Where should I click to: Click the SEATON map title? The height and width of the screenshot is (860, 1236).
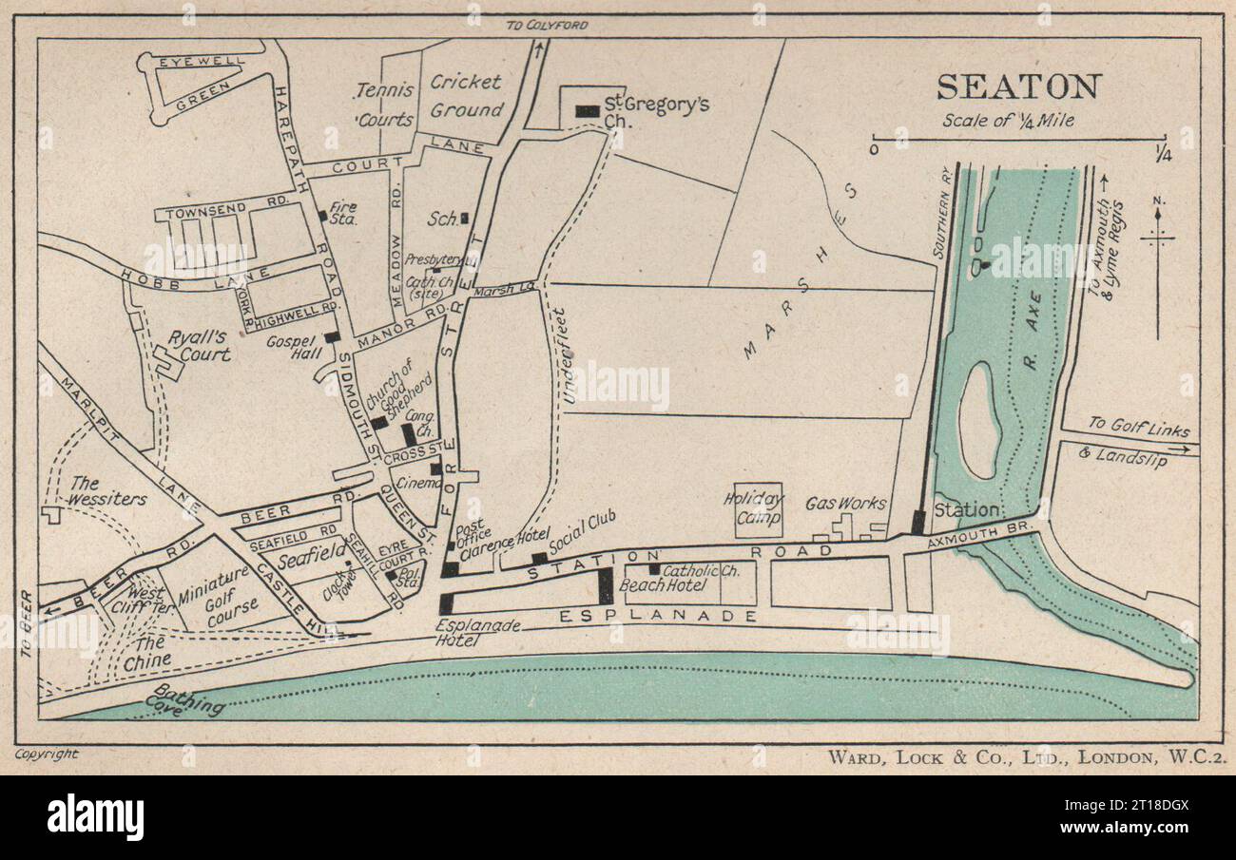tap(1018, 86)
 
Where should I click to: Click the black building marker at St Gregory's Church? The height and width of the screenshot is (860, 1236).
tap(588, 111)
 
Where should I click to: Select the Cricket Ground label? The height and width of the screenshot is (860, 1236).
tap(466, 96)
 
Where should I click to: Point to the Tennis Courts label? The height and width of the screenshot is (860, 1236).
tap(385, 105)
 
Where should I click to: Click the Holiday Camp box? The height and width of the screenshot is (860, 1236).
tap(759, 509)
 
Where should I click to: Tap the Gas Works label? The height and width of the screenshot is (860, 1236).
tap(845, 504)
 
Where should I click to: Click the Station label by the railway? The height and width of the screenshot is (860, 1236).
tap(966, 510)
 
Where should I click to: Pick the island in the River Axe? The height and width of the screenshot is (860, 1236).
tap(978, 421)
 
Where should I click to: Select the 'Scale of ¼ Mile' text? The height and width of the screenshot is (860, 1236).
tap(1008, 120)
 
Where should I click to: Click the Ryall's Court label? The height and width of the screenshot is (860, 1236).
tap(200, 346)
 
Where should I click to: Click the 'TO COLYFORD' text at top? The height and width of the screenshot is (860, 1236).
tap(547, 25)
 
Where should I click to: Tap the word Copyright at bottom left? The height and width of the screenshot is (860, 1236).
tap(47, 754)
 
